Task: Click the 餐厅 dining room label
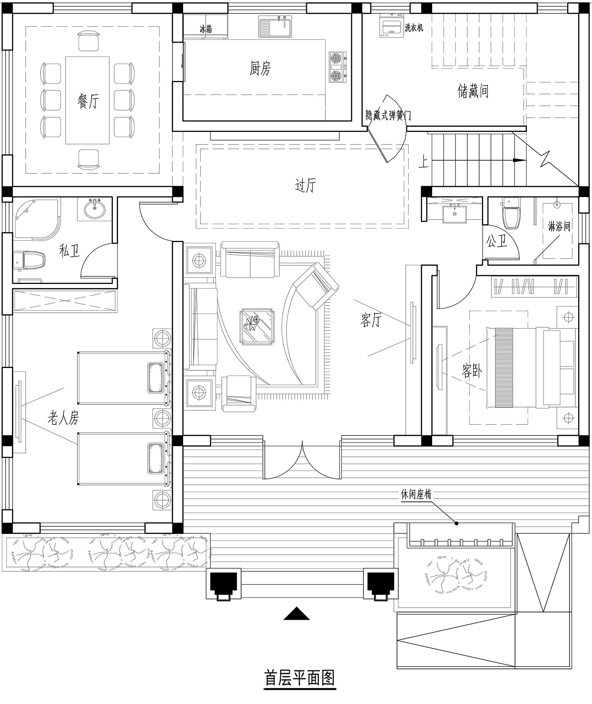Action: click(x=88, y=101)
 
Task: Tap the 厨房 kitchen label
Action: click(x=260, y=68)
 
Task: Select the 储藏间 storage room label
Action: click(x=473, y=91)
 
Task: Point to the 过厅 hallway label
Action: click(x=305, y=185)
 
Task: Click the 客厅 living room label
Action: click(x=371, y=320)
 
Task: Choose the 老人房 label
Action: click(x=63, y=417)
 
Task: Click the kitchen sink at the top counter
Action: click(x=275, y=26)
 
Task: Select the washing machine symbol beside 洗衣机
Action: click(x=391, y=26)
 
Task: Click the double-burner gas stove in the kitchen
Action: click(x=338, y=68)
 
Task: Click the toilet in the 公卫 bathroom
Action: click(x=512, y=214)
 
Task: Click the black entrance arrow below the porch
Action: click(x=296, y=614)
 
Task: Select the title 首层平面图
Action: click(x=300, y=678)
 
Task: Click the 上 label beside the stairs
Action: click(x=423, y=161)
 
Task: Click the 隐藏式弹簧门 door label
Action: click(x=388, y=115)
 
